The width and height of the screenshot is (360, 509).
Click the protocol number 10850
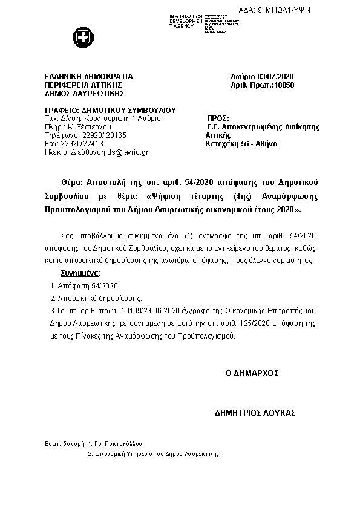[284, 85]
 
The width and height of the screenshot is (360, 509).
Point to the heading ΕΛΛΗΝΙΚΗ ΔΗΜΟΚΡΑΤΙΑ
[88, 77]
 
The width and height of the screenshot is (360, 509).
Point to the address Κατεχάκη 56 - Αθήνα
[241, 144]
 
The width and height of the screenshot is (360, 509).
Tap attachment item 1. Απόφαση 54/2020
[85, 286]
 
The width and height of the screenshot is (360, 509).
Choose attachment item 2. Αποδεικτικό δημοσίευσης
[96, 299]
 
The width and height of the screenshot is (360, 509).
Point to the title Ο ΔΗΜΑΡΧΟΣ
[252, 374]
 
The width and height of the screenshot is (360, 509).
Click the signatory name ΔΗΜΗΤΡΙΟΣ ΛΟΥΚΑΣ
[255, 412]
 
